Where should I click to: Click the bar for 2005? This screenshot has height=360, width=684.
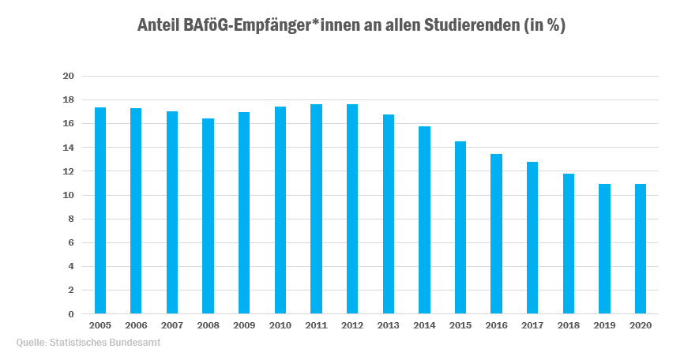click(x=100, y=211)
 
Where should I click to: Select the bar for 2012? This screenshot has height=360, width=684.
click(x=352, y=209)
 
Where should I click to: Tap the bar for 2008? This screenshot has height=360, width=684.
click(x=209, y=216)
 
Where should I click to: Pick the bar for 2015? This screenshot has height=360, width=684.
click(x=460, y=227)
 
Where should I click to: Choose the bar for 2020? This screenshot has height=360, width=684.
click(x=641, y=249)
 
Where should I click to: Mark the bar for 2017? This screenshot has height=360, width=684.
click(x=532, y=238)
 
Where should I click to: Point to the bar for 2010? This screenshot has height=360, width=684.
click(x=280, y=210)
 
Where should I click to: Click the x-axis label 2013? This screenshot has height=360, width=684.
click(x=388, y=325)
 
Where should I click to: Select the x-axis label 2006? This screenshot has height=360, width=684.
click(x=136, y=325)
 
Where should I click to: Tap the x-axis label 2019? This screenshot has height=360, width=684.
click(x=604, y=325)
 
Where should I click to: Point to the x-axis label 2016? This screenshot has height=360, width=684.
click(x=496, y=325)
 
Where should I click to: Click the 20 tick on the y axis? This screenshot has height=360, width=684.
click(x=68, y=77)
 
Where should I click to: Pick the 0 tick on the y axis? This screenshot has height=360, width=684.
click(x=71, y=314)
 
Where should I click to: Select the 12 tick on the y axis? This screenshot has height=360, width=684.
click(x=68, y=171)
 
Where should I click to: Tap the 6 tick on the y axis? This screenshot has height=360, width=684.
click(x=71, y=243)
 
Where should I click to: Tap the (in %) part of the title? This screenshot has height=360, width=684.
click(x=544, y=25)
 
